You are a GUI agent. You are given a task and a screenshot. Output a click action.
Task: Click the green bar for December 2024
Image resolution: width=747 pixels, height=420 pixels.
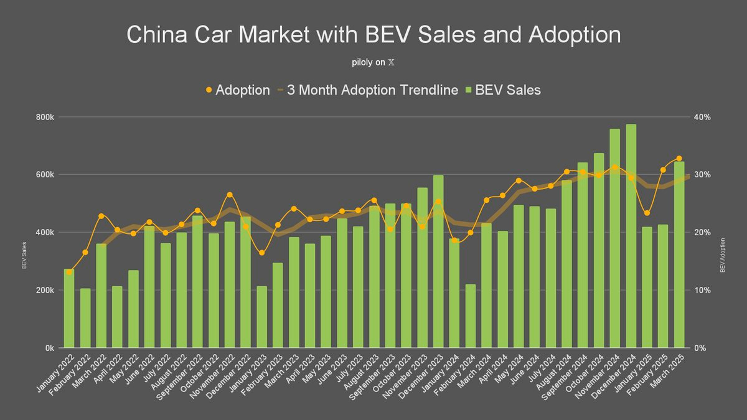(631, 236)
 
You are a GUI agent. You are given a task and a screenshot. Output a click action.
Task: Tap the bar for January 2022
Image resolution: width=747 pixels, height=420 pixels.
(68, 309)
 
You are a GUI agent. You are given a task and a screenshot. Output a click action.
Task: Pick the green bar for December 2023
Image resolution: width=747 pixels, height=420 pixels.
(438, 261)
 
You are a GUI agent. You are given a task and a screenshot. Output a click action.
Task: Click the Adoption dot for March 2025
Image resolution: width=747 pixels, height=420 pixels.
(679, 159)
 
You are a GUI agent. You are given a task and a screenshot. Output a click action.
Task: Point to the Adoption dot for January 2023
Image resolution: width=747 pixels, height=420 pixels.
(261, 252)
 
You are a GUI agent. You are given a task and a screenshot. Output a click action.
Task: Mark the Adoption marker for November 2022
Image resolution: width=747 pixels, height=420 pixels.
(229, 195)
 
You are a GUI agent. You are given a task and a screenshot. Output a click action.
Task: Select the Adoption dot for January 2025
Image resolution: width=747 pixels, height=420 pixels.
(647, 213)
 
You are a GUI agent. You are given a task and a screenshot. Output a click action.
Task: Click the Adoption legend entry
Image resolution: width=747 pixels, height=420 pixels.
(237, 90)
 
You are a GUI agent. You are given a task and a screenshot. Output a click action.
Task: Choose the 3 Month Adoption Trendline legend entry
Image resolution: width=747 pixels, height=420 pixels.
(367, 90)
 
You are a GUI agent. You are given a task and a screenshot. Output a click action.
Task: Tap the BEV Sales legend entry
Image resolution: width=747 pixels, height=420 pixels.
(504, 90)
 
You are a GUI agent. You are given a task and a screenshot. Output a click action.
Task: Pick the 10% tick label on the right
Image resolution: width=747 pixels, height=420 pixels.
(702, 291)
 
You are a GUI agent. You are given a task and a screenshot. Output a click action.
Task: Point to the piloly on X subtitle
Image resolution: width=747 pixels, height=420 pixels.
(373, 63)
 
